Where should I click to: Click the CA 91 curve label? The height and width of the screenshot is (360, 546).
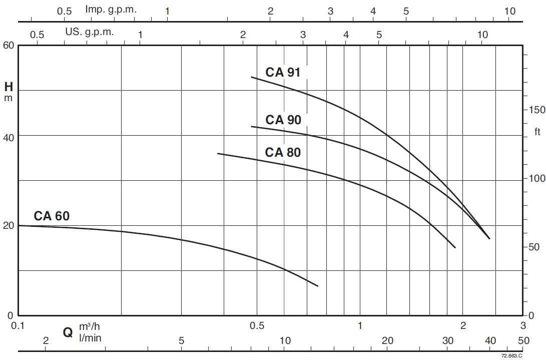tap(283, 72)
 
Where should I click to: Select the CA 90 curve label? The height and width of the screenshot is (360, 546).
tap(283, 120)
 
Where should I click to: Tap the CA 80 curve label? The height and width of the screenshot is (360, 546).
tap(283, 152)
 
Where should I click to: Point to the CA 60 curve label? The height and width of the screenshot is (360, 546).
tap(52, 216)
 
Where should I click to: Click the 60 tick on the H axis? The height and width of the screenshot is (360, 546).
tap(9, 45)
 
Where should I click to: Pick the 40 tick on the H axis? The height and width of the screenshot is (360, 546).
tap(9, 136)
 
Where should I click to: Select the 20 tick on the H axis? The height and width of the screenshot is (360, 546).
tap(9, 225)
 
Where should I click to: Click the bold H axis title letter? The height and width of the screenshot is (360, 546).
tap(9, 87)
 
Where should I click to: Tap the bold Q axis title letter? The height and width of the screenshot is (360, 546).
tap(68, 332)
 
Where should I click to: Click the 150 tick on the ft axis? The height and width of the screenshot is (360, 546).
tap(537, 110)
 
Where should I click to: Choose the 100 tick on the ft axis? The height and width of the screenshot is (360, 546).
tap(537, 179)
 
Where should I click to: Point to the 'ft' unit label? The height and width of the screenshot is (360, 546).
tap(537, 132)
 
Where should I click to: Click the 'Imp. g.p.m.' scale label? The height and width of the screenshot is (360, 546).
tap(111, 9)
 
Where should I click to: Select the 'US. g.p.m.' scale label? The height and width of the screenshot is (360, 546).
tap(90, 32)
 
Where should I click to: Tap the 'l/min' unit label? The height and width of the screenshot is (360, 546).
tap(90, 338)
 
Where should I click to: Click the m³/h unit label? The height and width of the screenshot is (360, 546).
tap(90, 326)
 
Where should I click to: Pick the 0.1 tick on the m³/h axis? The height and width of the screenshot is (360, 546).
tap(18, 326)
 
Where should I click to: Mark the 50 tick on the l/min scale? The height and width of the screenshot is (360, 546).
tap(523, 341)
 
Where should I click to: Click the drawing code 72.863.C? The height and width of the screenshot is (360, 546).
tap(511, 355)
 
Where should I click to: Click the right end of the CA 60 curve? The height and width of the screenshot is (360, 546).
tap(318, 286)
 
